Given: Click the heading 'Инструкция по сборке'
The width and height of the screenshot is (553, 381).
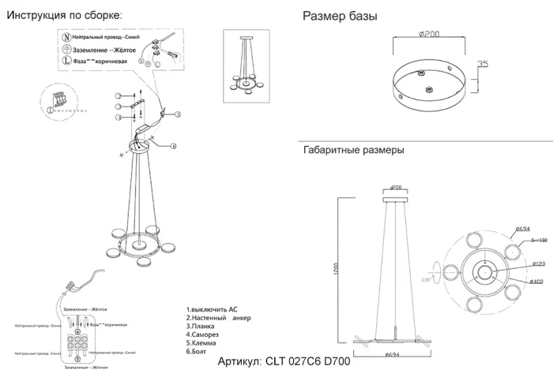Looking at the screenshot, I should [64, 15].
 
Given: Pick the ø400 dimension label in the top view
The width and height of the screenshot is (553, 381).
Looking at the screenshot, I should [516, 281].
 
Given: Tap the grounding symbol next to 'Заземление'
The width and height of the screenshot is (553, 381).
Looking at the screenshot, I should [67, 50].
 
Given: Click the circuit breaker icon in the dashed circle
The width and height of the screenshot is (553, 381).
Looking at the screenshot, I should [55, 104].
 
